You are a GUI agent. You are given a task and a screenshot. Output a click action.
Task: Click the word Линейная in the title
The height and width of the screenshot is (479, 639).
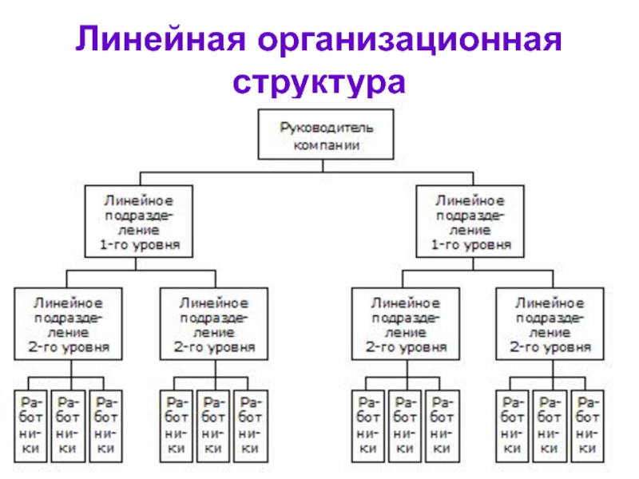(161, 38)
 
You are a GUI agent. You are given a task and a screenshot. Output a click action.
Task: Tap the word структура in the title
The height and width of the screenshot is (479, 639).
(319, 84)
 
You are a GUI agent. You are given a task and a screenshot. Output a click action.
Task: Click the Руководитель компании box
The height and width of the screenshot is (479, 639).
(326, 134)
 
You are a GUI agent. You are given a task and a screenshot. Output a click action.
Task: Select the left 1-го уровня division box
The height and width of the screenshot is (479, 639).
(138, 221)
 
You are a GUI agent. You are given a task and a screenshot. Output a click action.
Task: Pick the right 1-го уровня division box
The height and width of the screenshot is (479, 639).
(470, 221)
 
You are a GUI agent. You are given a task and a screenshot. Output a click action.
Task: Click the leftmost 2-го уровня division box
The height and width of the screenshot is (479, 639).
(68, 324)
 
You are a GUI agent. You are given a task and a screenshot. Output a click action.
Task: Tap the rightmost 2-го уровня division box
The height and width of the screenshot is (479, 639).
(550, 324)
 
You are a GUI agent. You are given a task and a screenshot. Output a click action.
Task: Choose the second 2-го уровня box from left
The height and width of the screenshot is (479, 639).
(214, 324)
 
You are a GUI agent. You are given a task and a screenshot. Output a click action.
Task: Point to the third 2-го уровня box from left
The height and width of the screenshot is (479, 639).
(406, 324)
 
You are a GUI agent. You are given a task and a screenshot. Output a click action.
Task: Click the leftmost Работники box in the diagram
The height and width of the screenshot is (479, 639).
(30, 426)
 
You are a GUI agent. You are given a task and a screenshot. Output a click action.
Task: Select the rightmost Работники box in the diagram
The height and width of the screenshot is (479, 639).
(588, 426)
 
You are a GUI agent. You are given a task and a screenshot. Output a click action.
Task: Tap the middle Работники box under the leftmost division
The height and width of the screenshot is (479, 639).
(68, 426)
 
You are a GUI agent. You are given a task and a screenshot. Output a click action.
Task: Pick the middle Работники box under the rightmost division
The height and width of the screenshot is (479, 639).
(550, 426)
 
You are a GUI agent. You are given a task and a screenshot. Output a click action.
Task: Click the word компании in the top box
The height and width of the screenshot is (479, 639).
(327, 145)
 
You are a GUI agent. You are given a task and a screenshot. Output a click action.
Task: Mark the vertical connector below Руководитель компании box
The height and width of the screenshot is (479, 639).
(323, 165)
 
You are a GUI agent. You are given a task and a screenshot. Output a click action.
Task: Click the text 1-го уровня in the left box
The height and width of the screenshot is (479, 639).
(140, 245)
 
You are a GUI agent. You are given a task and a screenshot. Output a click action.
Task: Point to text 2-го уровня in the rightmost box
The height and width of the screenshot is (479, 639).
(550, 347)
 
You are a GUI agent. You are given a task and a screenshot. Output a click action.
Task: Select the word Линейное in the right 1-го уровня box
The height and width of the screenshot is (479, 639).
(470, 200)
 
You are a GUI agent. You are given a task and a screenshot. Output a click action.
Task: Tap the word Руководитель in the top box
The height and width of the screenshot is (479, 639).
(327, 129)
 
